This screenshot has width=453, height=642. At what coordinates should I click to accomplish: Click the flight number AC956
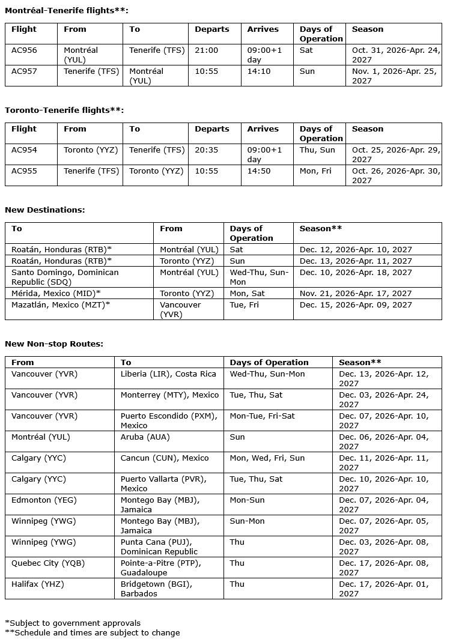click(x=24, y=50)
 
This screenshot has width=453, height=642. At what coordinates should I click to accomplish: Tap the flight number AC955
click(x=24, y=171)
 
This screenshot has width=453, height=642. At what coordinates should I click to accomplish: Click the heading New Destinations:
click(x=45, y=210)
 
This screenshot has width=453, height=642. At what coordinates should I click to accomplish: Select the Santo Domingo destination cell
click(x=65, y=277)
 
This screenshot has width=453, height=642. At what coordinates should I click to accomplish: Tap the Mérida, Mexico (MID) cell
click(x=56, y=294)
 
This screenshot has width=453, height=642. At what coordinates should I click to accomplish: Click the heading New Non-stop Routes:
click(x=54, y=344)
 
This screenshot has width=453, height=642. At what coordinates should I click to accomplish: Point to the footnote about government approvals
click(x=72, y=623)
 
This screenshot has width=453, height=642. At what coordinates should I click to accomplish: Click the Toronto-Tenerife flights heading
click(x=64, y=111)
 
